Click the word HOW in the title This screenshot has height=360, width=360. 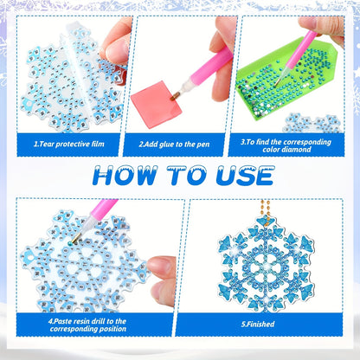[125, 176]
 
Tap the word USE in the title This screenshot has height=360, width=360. [245, 176]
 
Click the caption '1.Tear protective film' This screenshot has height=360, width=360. [69, 144]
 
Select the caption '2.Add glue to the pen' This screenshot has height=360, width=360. [174, 145]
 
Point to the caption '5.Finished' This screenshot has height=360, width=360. [258, 324]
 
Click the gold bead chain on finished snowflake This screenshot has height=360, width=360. [266, 211]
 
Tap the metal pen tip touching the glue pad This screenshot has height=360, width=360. [174, 96]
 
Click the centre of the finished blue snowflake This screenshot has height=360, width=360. [266, 267]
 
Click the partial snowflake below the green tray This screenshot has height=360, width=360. [312, 124]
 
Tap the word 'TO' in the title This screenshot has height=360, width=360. [187, 176]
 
